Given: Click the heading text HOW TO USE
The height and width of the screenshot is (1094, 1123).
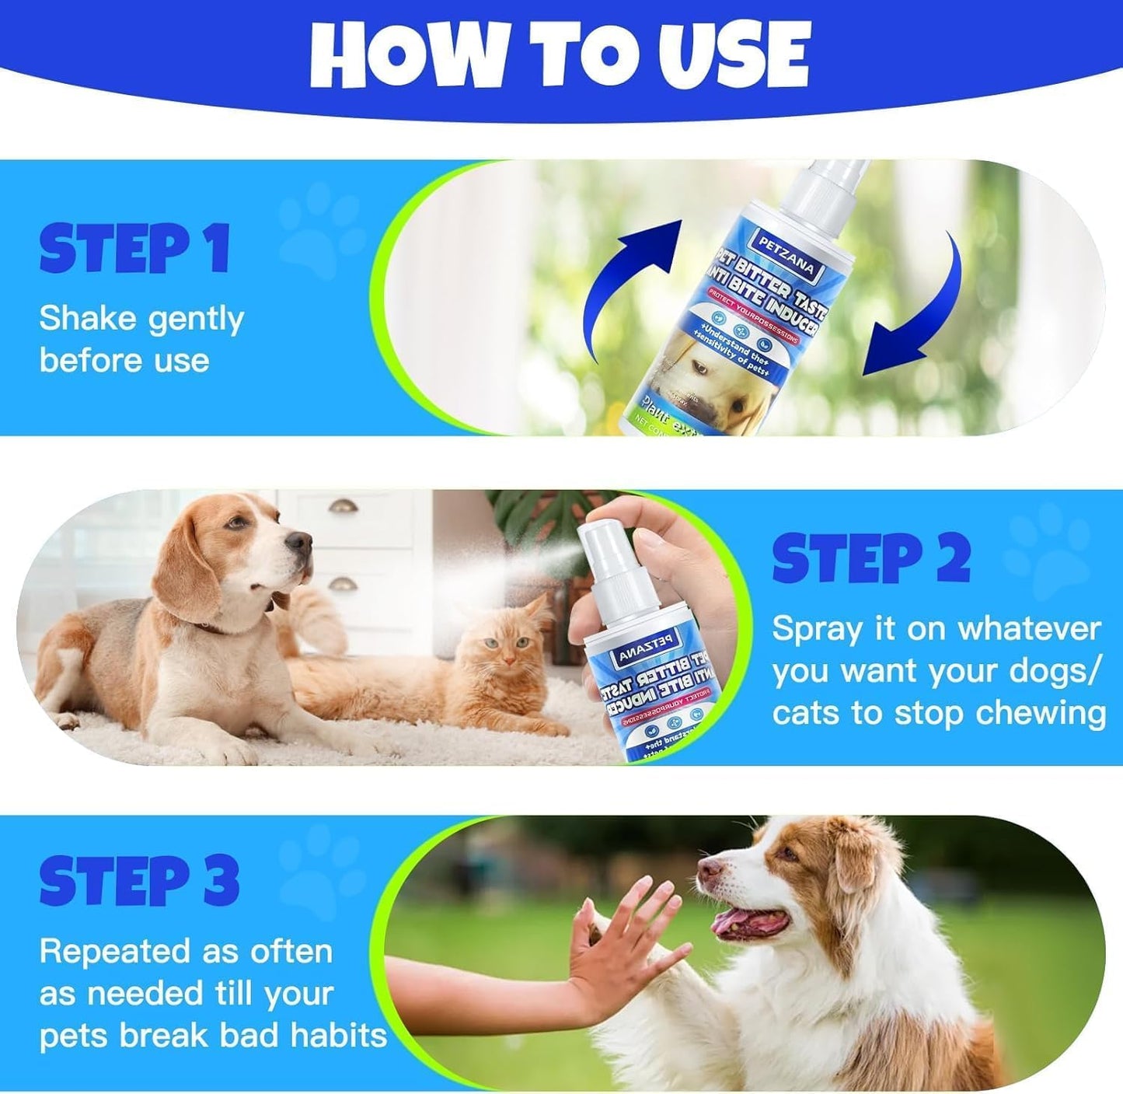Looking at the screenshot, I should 560,54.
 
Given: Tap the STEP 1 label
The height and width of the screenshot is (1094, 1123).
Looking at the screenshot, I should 134,249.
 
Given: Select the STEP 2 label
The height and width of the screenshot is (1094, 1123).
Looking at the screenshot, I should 871,559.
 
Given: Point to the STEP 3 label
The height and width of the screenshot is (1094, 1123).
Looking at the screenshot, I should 139,881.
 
